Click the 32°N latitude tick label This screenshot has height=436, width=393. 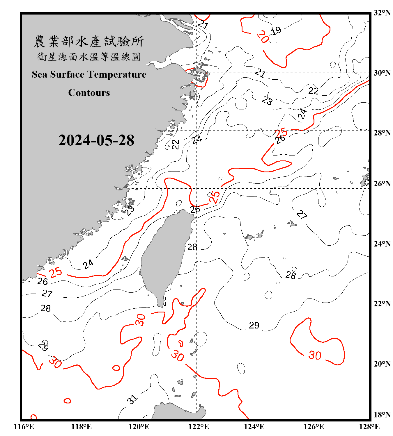(382, 13)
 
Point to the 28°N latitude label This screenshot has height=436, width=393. (382, 133)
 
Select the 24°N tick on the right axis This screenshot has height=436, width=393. (382, 244)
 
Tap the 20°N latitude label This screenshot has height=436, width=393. (382, 364)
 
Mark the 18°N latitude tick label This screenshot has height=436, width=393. (382, 415)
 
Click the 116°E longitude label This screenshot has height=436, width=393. (24, 427)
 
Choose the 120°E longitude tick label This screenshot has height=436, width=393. (139, 427)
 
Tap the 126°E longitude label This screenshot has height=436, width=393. (314, 427)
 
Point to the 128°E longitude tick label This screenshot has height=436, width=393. (369, 427)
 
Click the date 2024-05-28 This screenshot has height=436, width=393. (96, 140)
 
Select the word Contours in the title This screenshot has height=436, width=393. (89, 93)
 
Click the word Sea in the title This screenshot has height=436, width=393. (40, 74)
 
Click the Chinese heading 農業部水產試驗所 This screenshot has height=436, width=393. (89, 42)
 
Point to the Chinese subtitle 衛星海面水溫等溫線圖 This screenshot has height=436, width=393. (89, 57)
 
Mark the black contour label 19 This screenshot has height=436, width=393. (276, 30)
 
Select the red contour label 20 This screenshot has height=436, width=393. (263, 37)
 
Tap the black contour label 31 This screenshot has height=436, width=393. (132, 400)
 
